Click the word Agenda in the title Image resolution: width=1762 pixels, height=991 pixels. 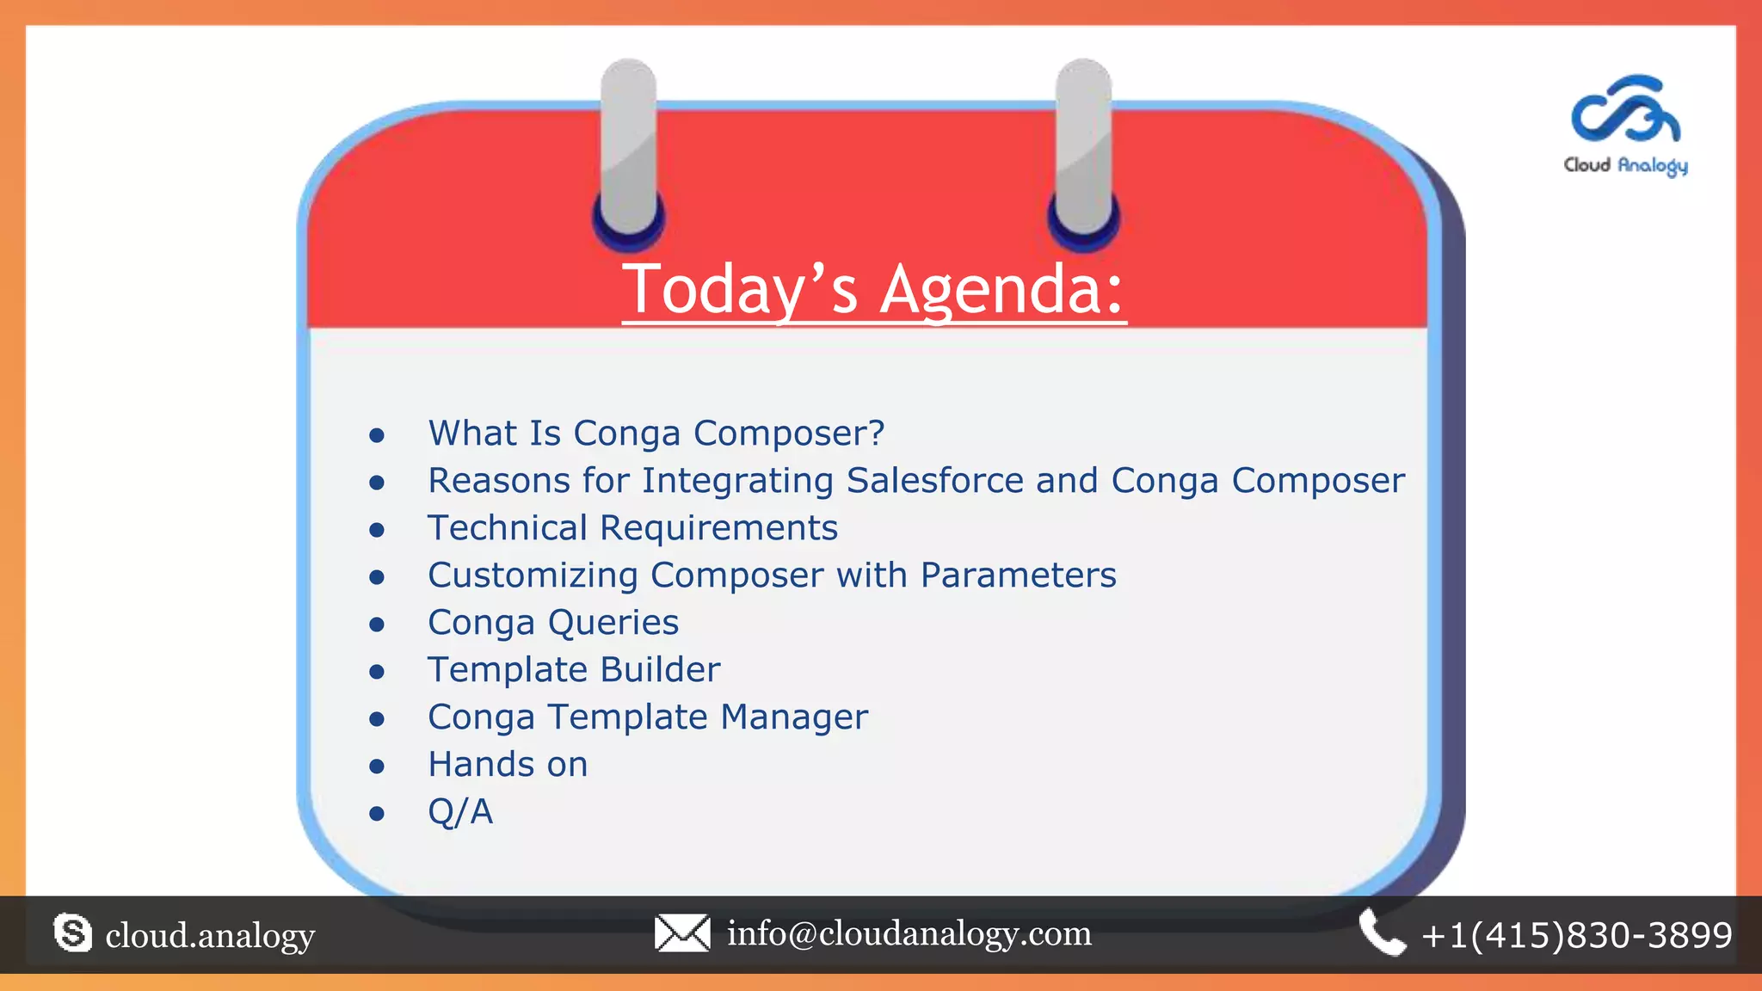tap(1003, 290)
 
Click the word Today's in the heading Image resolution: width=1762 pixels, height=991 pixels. tap(740, 290)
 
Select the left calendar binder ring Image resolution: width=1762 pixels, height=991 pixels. tap(629, 151)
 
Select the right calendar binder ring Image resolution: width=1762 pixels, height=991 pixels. tap(1084, 151)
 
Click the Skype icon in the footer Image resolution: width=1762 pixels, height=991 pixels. tap(72, 933)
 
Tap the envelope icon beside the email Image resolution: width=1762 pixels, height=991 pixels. tap(682, 933)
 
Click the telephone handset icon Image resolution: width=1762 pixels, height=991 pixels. tap(1382, 933)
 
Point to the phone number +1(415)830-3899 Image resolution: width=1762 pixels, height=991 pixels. tap(1577, 935)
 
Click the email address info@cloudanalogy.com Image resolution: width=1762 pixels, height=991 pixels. tap(909, 933)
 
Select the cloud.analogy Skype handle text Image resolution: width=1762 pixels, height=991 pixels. tap(210, 936)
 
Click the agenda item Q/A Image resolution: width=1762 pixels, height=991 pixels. tap(460, 812)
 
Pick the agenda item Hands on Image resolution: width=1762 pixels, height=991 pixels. tap(508, 765)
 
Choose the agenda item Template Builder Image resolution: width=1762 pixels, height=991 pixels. tap(574, 670)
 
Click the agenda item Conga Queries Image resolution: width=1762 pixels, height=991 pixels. tap(553, 623)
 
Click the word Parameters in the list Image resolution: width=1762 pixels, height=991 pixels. tap(1018, 576)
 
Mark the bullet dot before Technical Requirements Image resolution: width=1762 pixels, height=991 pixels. tap(376, 530)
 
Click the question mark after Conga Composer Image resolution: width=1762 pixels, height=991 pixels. tap(876, 433)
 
